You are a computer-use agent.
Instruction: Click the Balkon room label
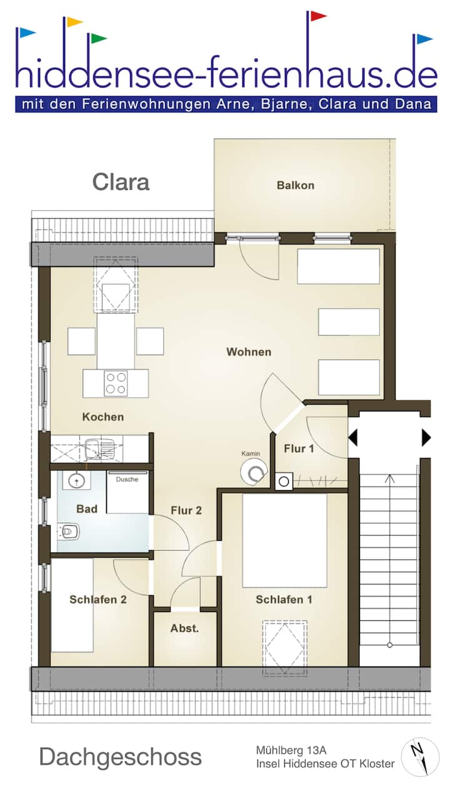[296, 185]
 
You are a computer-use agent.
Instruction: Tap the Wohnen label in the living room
[249, 352]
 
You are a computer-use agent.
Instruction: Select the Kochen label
[103, 417]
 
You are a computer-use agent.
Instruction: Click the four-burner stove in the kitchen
[116, 384]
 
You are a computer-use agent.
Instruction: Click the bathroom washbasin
[76, 480]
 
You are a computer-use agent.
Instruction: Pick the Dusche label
[127, 480]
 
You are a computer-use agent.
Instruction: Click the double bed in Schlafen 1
[284, 540]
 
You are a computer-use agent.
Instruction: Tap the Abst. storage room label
[184, 628]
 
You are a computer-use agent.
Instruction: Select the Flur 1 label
[299, 448]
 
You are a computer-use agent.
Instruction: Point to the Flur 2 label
[186, 510]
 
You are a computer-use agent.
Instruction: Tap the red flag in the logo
[318, 16]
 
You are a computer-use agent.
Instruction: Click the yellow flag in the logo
[74, 22]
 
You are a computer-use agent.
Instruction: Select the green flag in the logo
[99, 38]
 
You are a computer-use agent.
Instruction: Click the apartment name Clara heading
[121, 182]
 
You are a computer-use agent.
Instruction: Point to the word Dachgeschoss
[120, 757]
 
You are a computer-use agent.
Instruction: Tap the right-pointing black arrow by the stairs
[426, 438]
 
